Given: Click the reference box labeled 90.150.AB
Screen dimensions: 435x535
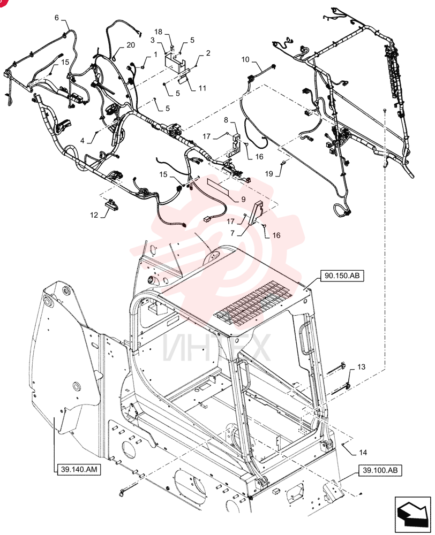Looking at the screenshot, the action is [x=342, y=276].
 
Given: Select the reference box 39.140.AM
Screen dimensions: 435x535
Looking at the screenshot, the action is [x=79, y=470].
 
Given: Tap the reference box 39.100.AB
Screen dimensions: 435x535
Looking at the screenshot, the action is [x=380, y=470].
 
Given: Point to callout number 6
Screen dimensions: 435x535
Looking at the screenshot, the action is [x=57, y=18].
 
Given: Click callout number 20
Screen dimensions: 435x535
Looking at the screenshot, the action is [x=131, y=45].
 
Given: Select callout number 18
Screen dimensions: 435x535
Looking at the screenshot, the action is [x=158, y=32].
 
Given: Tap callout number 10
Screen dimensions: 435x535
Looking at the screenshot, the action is [x=245, y=60].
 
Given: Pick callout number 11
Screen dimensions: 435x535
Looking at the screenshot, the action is [x=202, y=88].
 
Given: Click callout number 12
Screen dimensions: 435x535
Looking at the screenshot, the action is [x=94, y=215].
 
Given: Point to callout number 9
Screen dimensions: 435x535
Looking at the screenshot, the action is [x=243, y=199].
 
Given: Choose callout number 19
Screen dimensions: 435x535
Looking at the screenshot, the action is [x=269, y=174].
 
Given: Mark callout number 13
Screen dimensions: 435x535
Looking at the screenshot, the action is [x=361, y=367].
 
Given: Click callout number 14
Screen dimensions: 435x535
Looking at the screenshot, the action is [x=363, y=453].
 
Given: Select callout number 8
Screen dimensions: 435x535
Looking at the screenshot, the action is [x=226, y=120].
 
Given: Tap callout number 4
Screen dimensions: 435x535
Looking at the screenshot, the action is [x=82, y=141].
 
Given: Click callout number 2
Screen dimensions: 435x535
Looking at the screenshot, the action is [x=208, y=53].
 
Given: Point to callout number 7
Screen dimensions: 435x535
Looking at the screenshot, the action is [x=232, y=234].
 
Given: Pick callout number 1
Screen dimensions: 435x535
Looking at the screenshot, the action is [x=155, y=55].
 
